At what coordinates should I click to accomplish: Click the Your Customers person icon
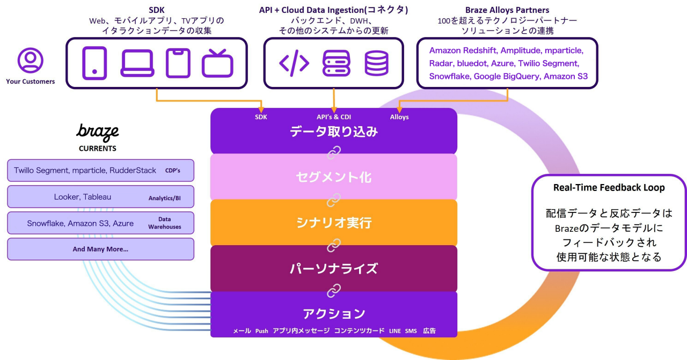click(x=30, y=60)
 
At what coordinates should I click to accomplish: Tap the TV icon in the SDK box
click(x=217, y=63)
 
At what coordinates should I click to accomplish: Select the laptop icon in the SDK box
click(x=137, y=63)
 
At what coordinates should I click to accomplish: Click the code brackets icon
click(x=294, y=63)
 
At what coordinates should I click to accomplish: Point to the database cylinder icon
click(x=376, y=63)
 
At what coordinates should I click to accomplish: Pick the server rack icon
click(x=336, y=63)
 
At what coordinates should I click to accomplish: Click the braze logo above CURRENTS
click(x=97, y=132)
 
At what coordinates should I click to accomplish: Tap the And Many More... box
click(x=100, y=249)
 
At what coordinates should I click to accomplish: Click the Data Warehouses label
click(x=165, y=223)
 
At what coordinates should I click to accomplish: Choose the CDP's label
click(x=172, y=171)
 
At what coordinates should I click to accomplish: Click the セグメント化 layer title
click(x=333, y=177)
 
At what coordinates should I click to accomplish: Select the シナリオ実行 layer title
click(x=333, y=223)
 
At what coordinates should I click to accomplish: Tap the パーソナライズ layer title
click(x=333, y=268)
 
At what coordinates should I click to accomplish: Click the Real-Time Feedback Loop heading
click(x=609, y=188)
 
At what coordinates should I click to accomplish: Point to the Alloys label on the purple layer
click(x=399, y=117)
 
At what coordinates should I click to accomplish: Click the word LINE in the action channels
click(x=395, y=331)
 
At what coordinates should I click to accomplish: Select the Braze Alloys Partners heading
click(x=508, y=10)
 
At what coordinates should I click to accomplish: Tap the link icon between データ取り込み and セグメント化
click(x=334, y=154)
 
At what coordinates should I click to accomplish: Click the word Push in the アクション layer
click(x=261, y=331)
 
